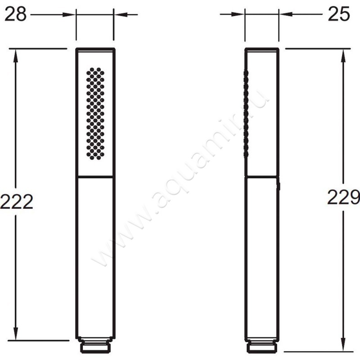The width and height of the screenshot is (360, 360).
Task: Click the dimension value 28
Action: coord(15,14)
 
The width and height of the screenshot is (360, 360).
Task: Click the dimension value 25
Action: coord(339,14)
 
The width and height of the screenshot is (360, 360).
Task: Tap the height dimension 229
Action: coord(343,197)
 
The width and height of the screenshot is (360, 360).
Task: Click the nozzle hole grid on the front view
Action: coord(95,113)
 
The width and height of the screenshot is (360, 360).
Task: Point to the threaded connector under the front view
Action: coord(95,347)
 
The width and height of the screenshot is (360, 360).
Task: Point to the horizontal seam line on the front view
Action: coord(95,176)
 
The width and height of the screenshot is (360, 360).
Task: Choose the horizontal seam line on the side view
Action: coord(262,176)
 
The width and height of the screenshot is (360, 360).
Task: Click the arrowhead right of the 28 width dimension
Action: coord(119,15)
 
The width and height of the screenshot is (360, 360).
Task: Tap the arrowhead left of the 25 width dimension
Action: coord(239,15)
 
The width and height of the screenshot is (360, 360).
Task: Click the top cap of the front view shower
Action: coord(95,48)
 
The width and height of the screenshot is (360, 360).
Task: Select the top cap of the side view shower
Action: coord(262,48)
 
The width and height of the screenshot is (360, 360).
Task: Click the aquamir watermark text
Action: coord(180,180)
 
